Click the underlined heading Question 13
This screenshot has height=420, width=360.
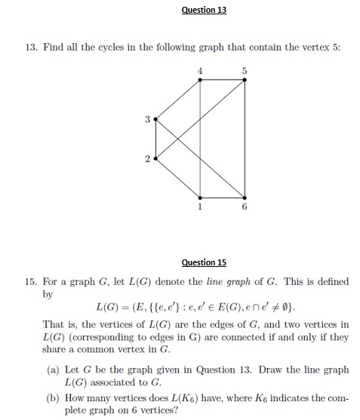click(x=204, y=10)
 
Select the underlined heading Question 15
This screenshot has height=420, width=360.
click(x=204, y=262)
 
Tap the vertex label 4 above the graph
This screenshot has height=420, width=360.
click(x=200, y=70)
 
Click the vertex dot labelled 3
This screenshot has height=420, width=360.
click(x=155, y=119)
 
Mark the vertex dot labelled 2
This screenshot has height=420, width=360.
click(x=155, y=158)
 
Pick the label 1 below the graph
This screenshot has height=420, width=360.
click(x=200, y=206)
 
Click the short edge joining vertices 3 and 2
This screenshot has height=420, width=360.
click(x=155, y=139)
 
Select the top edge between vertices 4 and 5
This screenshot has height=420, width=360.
click(x=223, y=78)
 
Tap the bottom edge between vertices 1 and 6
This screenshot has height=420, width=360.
click(x=223, y=197)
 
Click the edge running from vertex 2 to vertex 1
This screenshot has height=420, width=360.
click(x=178, y=178)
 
